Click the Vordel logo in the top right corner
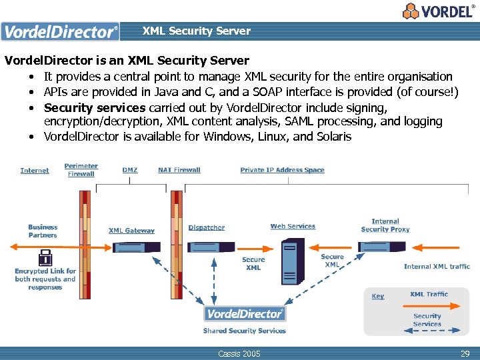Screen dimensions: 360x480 click(438, 11)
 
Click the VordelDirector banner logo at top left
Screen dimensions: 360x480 click(60, 31)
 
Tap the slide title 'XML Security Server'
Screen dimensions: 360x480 click(196, 31)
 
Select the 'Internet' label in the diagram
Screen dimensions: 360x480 click(35, 171)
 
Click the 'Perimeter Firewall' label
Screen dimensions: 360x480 click(81, 170)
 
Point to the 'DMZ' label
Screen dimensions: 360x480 click(130, 170)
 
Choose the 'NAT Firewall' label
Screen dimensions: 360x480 click(179, 170)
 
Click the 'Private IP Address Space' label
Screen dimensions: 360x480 click(282, 170)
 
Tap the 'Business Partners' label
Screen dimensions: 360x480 click(43, 231)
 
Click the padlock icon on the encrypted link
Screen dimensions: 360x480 click(45, 257)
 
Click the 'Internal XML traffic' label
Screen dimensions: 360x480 click(437, 267)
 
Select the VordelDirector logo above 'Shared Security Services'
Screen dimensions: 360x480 click(245, 313)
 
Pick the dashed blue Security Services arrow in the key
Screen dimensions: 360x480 click(427, 330)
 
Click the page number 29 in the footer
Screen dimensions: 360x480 click(465, 353)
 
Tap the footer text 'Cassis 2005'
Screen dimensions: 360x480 click(239, 353)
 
